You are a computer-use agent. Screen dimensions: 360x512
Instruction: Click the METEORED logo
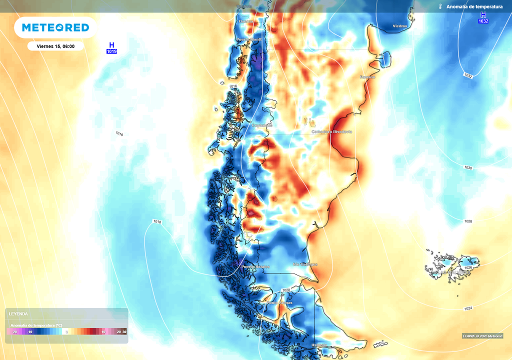(55, 27)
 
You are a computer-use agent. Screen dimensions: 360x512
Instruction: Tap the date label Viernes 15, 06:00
(55, 46)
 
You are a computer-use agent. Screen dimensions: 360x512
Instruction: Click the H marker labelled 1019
(111, 48)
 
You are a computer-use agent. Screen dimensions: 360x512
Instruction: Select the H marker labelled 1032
(483, 18)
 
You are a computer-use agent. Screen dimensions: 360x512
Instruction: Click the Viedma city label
(399, 26)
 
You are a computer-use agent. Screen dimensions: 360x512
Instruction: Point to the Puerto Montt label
(249, 39)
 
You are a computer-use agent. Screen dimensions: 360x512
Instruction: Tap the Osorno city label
(246, 21)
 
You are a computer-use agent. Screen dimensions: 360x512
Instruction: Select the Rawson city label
(367, 77)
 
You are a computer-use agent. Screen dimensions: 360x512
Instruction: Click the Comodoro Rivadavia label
(332, 131)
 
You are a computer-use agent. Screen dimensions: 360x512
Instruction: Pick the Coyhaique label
(261, 125)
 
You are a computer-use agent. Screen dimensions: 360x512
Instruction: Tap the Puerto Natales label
(255, 267)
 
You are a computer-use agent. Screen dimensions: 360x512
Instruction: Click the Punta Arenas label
(279, 303)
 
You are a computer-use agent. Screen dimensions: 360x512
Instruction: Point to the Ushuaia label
(319, 345)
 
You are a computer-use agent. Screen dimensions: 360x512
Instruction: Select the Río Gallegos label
(304, 264)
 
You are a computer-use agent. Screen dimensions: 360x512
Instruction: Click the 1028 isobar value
(468, 221)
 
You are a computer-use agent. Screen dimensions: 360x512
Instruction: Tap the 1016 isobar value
(233, 86)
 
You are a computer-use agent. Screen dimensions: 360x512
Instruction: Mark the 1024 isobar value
(468, 308)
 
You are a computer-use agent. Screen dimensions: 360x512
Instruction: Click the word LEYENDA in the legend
(18, 314)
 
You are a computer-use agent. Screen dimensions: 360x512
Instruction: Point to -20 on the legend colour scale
(14, 332)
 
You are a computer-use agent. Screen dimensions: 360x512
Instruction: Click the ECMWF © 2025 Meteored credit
(482, 335)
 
